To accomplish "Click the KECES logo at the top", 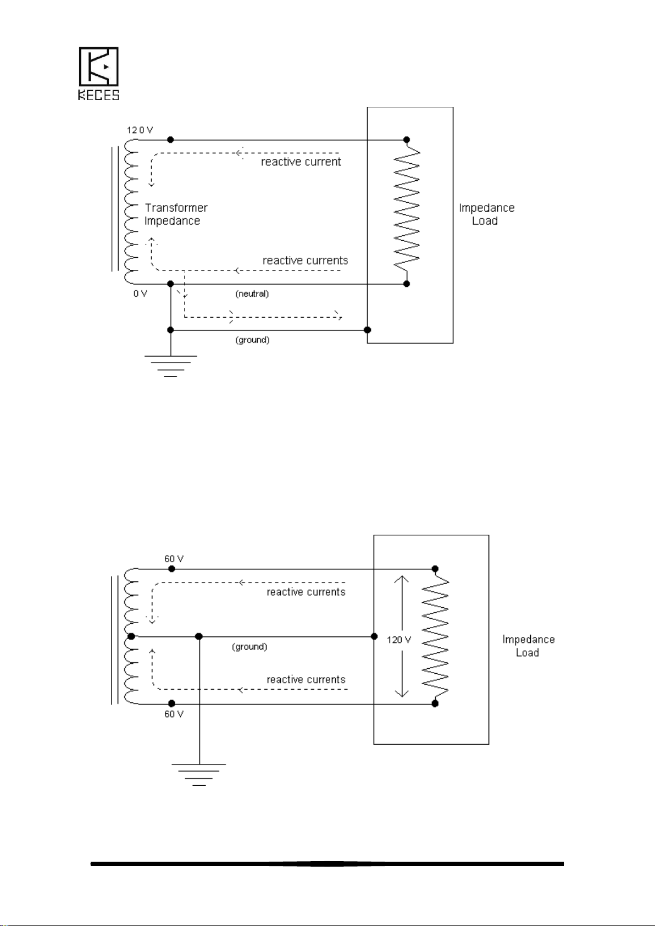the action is [99, 74].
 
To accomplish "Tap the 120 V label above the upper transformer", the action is [140, 130].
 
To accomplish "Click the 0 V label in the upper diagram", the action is [140, 293].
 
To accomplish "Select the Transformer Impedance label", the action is [176, 214].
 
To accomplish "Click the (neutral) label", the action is [252, 293].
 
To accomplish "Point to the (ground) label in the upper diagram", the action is [253, 340].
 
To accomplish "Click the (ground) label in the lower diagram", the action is [249, 646].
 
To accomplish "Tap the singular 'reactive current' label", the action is [301, 162].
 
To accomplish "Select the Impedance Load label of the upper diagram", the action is [487, 214].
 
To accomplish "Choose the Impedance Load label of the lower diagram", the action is [529, 646].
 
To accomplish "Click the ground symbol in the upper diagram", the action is [171, 366].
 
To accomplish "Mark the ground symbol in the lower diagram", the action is [199, 775].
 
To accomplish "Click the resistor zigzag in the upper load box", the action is [407, 212].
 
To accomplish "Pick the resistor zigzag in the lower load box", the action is [435, 636].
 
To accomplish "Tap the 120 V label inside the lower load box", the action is [399, 640].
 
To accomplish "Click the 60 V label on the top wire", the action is [174, 559].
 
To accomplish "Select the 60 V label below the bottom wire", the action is [174, 714].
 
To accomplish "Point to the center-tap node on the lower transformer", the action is [131, 636].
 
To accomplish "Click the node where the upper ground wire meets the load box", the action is [368, 330].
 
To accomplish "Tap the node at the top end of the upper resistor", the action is [407, 140].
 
